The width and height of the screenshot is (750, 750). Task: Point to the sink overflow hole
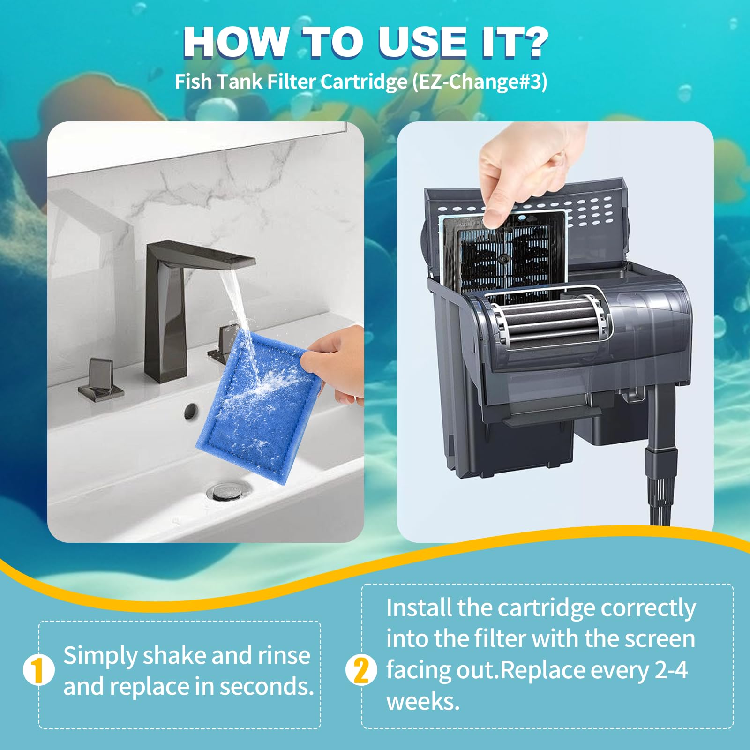(190, 411)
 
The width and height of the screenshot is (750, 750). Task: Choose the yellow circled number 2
(361, 670)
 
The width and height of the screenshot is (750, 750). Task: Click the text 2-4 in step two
(671, 670)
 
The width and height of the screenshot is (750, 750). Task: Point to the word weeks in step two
(423, 702)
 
